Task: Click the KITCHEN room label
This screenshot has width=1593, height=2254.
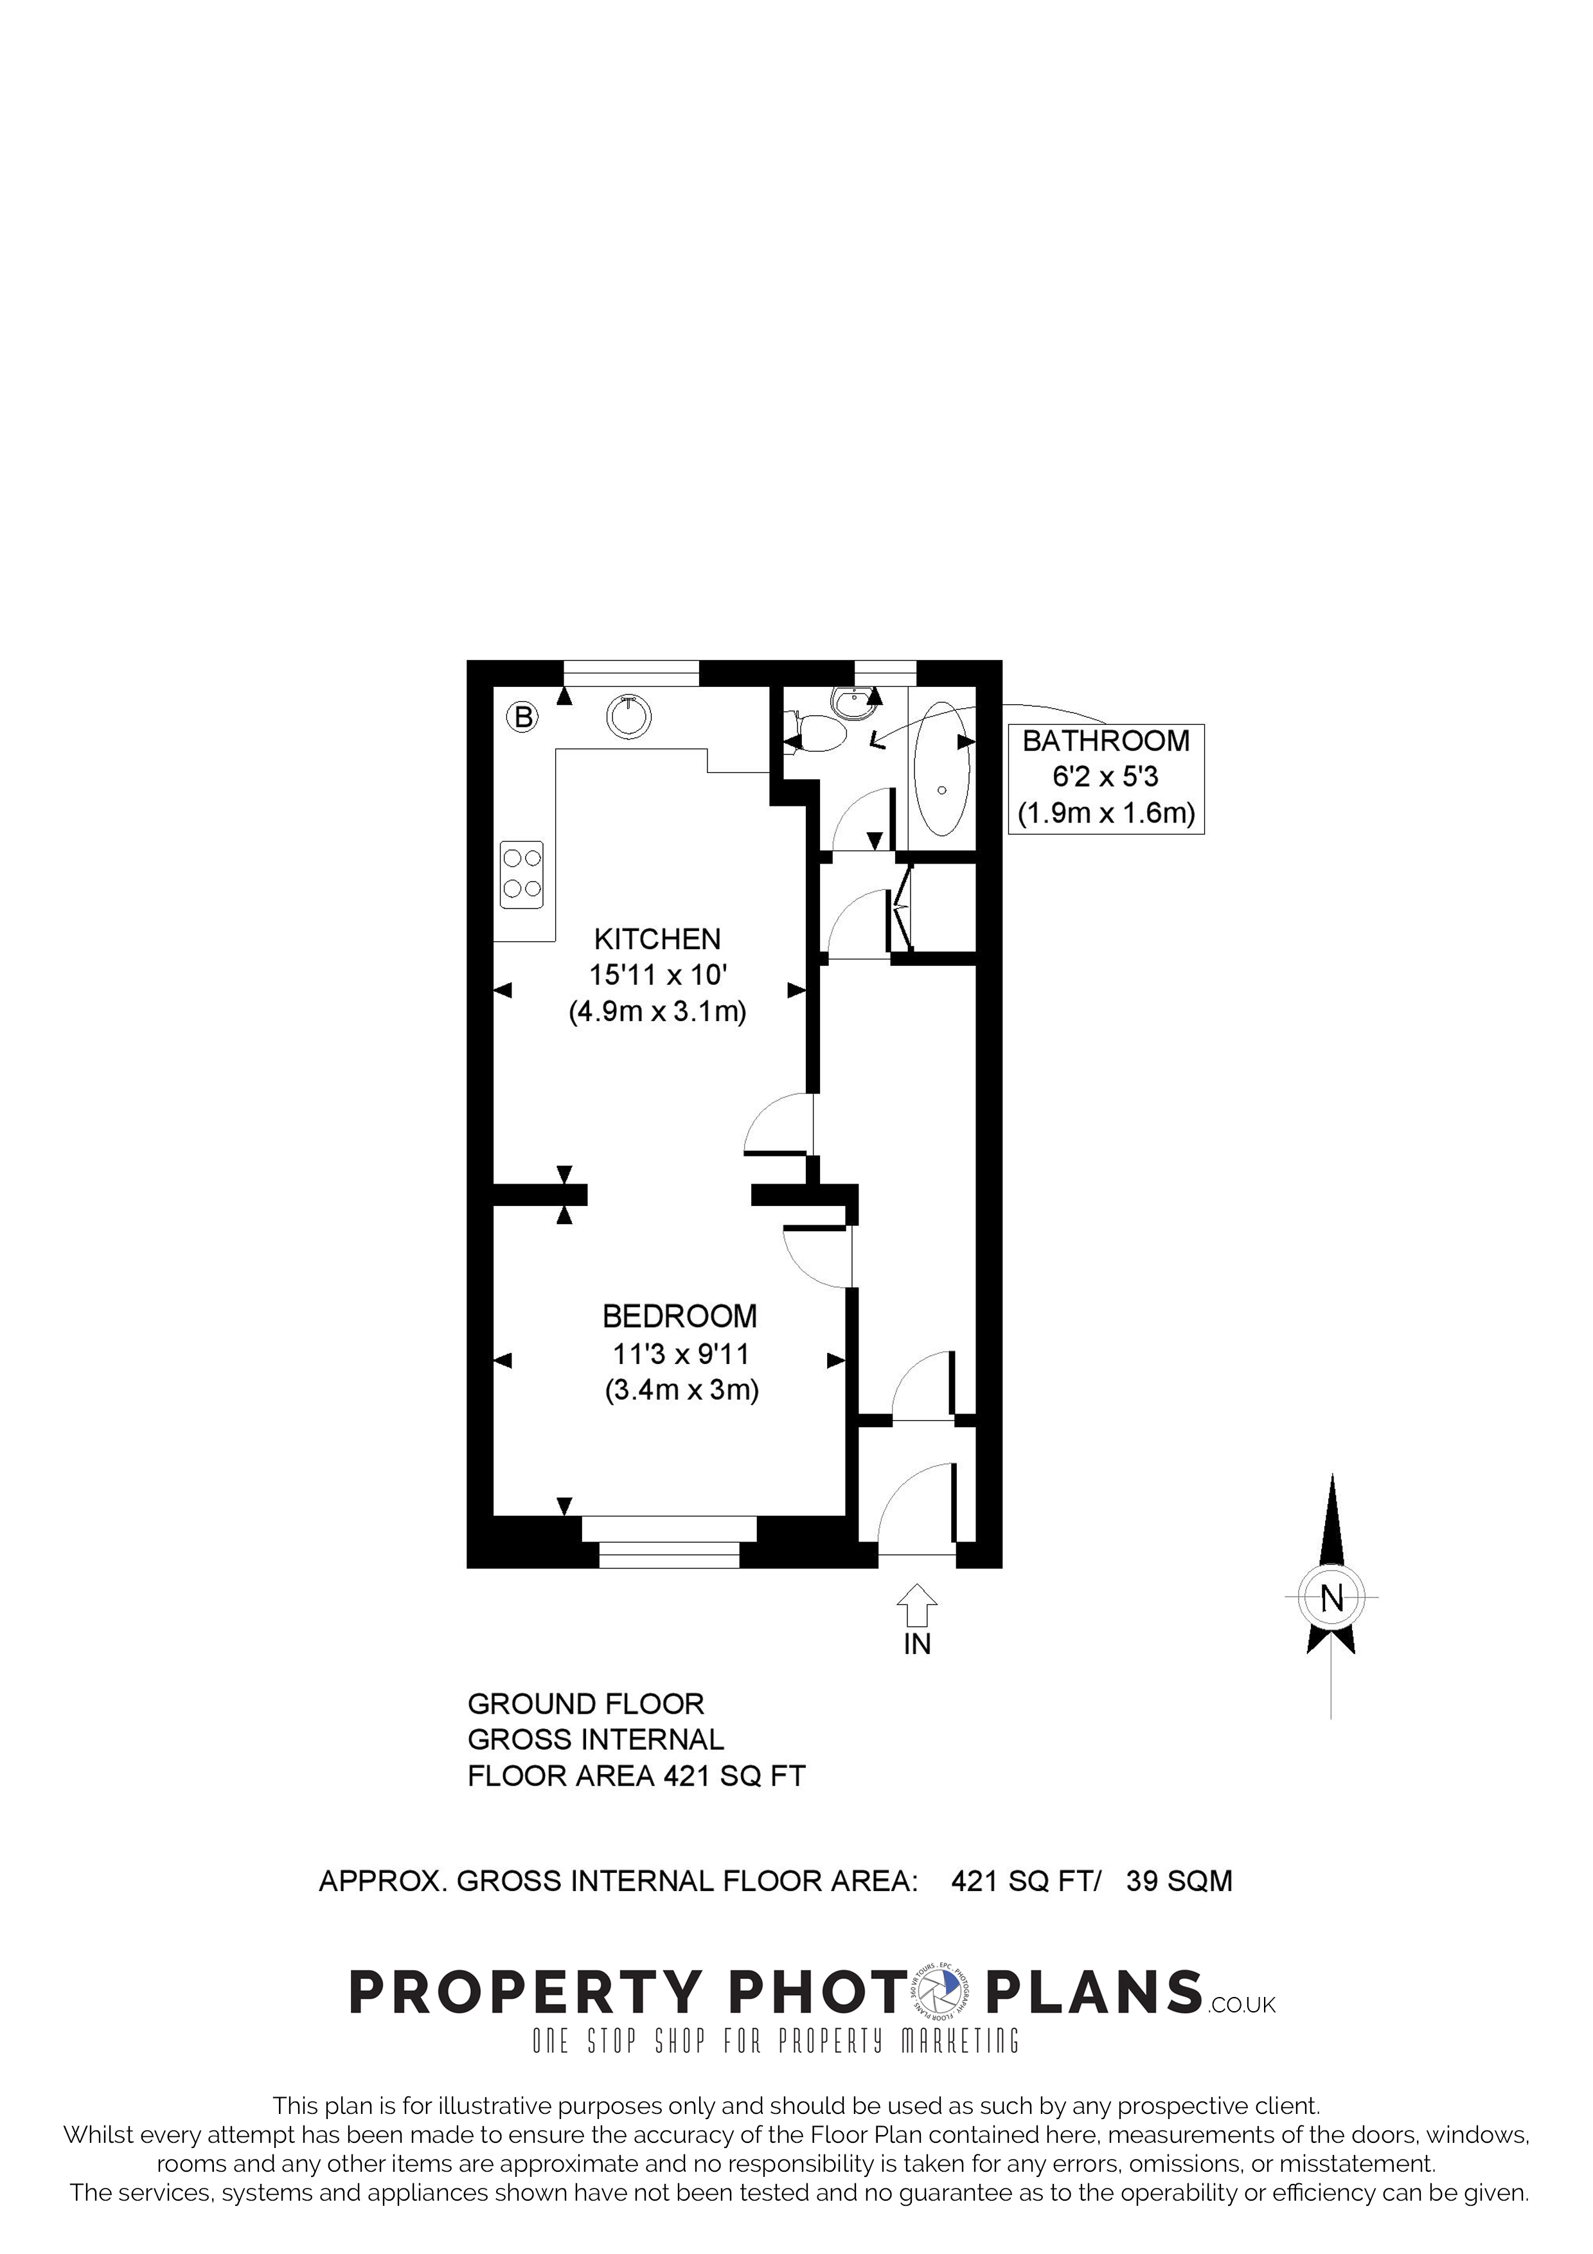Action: pos(657,939)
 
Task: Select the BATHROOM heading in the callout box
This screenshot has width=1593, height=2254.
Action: pos(1105,741)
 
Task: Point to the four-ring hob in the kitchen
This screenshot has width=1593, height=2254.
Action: pos(522,874)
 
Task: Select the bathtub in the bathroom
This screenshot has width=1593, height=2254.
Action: pos(941,768)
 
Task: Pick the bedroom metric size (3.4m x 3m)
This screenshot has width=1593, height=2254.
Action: pos(681,1390)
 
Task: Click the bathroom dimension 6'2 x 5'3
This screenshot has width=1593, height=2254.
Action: pos(1105,777)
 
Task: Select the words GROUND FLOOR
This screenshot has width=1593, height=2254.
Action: pos(586,1703)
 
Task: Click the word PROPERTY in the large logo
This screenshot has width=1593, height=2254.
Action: pos(525,1994)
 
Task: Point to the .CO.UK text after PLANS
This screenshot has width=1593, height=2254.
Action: pos(1241,2005)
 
